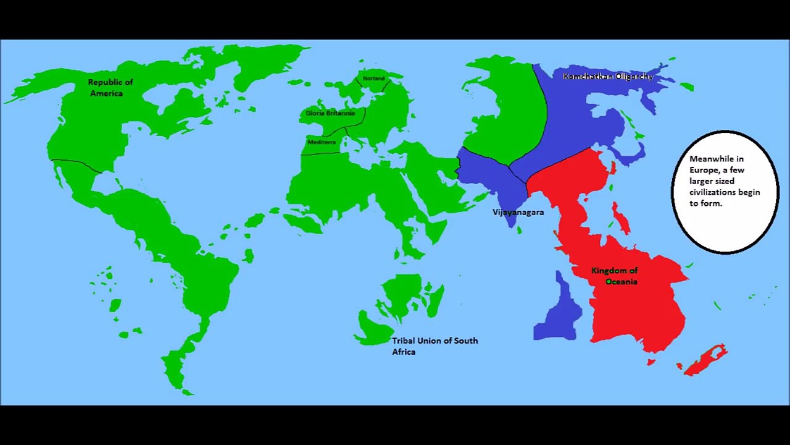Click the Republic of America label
(110, 88)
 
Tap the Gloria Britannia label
(330, 114)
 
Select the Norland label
(373, 78)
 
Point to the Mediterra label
(322, 142)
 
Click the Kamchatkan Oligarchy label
(608, 77)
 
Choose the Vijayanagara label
(518, 212)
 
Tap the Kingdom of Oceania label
(614, 276)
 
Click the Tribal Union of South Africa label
(434, 346)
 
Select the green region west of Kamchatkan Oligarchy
(506, 111)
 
